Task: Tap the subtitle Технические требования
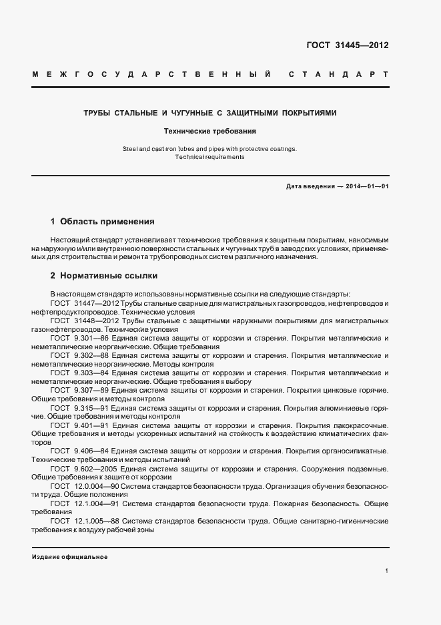coord(210,132)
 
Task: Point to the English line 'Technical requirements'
coord(210,157)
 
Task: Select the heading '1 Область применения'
coord(102,221)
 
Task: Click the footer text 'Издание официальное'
coord(69,557)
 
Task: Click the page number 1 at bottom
coord(386,571)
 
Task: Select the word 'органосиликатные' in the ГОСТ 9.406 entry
coord(356,451)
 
